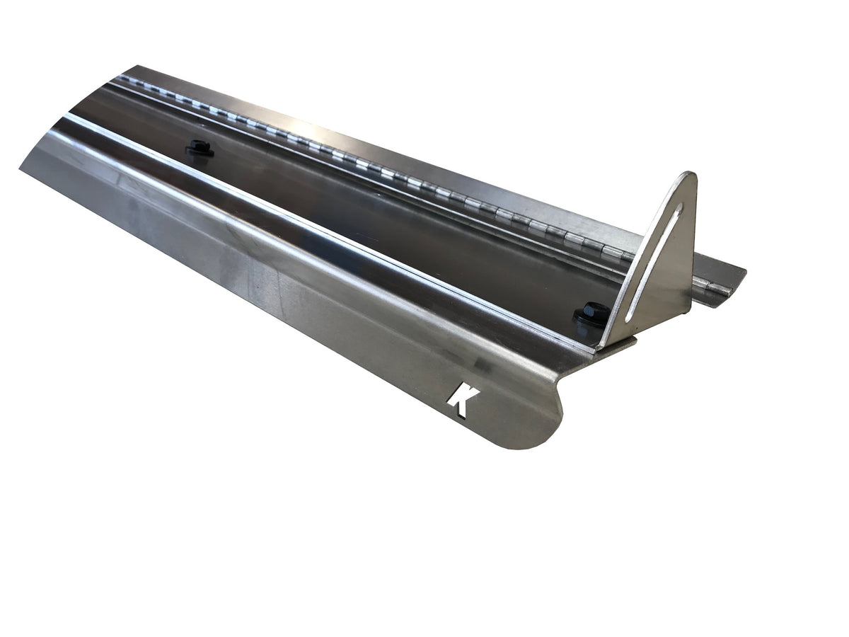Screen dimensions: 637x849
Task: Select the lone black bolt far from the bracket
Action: [200, 147]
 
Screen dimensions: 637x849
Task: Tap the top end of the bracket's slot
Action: [681, 207]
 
